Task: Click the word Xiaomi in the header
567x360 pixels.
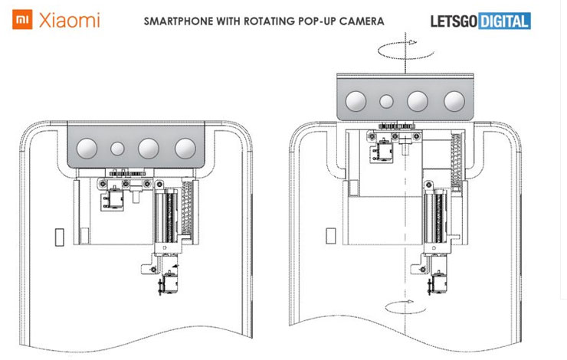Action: pos(68,19)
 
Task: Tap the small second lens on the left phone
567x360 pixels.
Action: pos(118,149)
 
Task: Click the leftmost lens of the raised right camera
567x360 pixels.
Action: pos(356,99)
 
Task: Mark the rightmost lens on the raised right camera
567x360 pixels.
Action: pos(453,99)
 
